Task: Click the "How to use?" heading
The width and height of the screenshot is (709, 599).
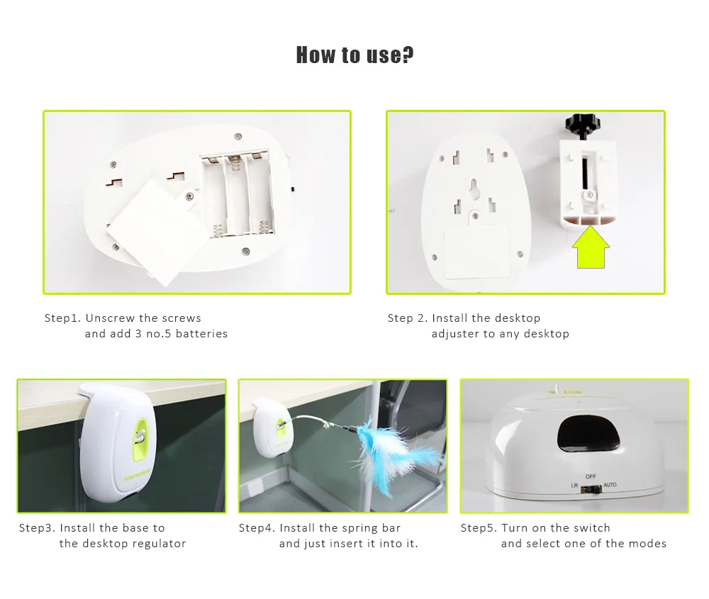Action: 354,55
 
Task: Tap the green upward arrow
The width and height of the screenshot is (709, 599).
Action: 591,247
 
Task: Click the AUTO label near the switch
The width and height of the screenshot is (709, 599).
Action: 610,485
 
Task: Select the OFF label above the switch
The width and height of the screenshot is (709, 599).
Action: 591,476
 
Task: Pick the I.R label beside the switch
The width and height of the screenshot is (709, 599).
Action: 574,486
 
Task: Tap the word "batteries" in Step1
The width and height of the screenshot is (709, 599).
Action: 201,334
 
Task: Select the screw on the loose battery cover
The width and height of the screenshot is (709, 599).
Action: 189,196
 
